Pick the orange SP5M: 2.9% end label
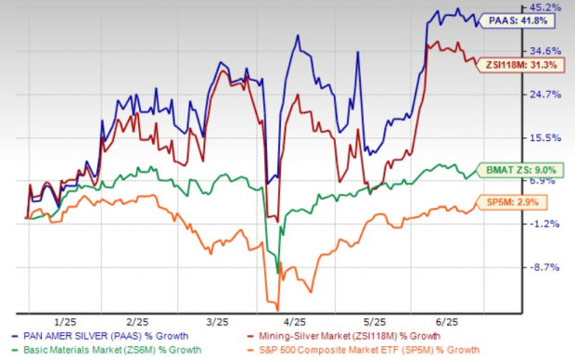pyautogui.click(x=506, y=201)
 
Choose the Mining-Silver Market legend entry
pyautogui.click(x=365, y=336)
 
